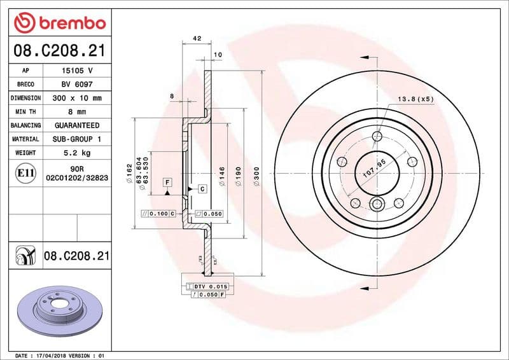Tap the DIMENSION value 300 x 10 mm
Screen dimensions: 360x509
(76, 98)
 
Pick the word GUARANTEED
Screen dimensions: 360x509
(76, 125)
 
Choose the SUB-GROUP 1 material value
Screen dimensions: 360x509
(76, 139)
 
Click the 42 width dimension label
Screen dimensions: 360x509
(197, 39)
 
